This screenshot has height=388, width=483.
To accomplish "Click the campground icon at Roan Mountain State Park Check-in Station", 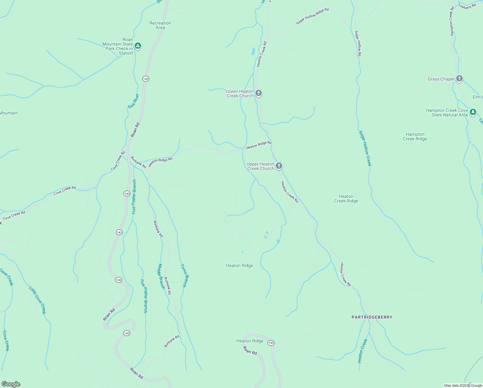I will (138, 46).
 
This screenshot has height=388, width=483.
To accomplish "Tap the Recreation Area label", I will (160, 25).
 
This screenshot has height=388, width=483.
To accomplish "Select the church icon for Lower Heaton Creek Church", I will (258, 93).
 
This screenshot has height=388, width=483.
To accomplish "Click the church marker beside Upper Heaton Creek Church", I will (279, 166).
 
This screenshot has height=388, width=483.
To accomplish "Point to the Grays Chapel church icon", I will (459, 79).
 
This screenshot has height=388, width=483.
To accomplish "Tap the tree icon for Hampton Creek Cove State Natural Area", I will (473, 112).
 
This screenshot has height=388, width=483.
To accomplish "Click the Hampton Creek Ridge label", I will (415, 136).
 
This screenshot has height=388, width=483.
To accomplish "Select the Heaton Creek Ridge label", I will (346, 199).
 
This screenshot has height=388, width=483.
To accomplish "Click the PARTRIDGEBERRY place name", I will (372, 317).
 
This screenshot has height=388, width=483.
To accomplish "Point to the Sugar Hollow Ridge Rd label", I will (312, 16).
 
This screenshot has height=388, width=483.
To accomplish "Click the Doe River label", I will (133, 101).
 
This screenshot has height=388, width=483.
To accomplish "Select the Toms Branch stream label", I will (183, 275).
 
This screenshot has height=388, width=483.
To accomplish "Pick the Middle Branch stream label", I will (161, 276).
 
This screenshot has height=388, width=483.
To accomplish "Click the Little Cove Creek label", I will (37, 300).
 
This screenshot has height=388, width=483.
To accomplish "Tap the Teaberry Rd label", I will (467, 6).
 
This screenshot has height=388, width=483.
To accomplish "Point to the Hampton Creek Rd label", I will (452, 21).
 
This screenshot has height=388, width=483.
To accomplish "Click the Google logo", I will (11, 384).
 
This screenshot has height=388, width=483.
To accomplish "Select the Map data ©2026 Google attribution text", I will (463, 385).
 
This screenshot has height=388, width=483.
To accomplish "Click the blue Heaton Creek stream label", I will (363, 351).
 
